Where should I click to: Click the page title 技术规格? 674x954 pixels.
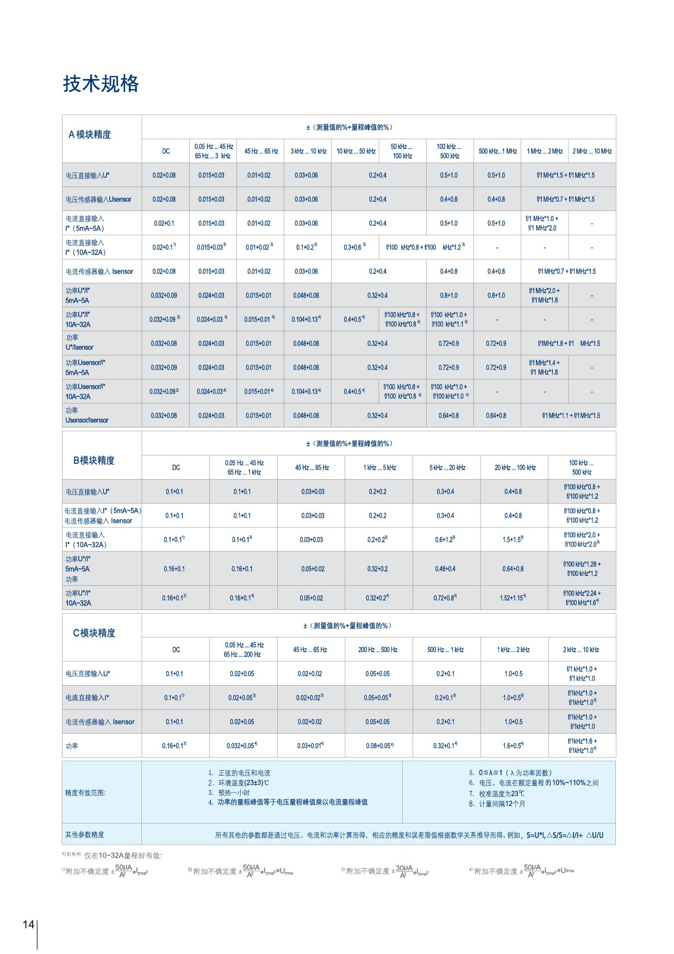point(101,84)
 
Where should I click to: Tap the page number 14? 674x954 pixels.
point(28,924)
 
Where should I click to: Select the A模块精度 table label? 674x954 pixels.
point(90,134)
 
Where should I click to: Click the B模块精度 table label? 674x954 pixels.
point(94,460)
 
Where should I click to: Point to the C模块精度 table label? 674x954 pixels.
point(94,633)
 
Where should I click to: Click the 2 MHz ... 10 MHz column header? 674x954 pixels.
point(592,151)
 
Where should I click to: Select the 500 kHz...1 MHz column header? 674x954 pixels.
point(497,151)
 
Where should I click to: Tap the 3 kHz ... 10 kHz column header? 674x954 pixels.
point(308,151)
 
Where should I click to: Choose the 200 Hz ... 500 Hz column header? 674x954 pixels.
point(378,649)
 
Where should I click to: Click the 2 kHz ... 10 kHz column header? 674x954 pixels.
point(581,649)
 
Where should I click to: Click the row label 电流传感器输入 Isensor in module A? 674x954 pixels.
point(99,271)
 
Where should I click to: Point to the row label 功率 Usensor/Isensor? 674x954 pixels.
point(87,416)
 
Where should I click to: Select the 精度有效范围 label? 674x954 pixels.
point(86,792)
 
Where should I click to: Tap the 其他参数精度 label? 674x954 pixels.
point(85,834)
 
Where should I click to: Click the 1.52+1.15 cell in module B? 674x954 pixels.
point(513,598)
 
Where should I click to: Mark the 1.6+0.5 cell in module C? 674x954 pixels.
point(513,746)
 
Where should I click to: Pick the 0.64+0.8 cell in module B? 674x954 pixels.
point(513,569)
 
